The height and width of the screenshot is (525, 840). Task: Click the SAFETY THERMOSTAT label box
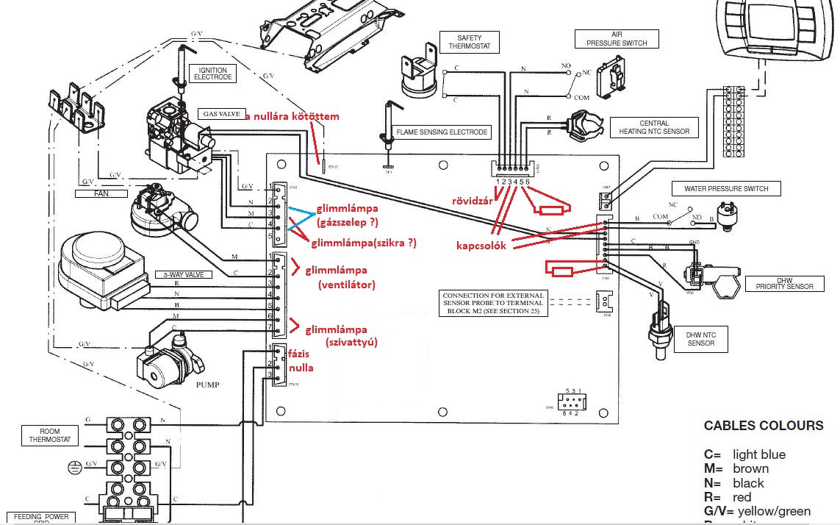point(468,42)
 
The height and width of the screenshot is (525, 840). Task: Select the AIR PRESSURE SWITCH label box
point(617,39)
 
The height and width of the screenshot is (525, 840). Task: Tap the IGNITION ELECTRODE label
point(212,74)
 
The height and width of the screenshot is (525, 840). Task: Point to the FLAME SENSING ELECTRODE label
point(442,132)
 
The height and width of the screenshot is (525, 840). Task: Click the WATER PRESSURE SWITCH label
point(726,189)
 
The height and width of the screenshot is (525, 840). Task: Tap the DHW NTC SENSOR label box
point(700,339)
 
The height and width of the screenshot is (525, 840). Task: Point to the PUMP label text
point(208,385)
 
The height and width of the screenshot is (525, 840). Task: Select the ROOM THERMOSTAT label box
point(44,435)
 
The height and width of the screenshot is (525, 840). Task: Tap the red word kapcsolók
point(481,246)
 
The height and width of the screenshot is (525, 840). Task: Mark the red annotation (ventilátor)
point(347,285)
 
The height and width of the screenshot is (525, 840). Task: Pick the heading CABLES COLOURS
point(764,426)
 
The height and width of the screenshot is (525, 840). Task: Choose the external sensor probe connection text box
point(492,302)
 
